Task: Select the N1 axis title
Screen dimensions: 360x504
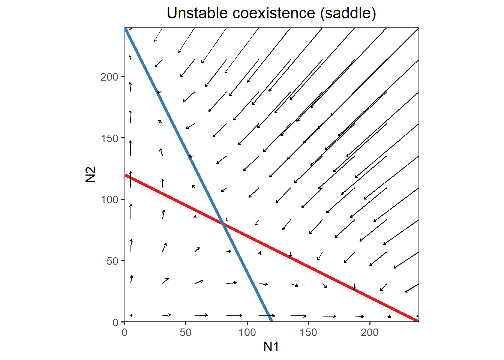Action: [271, 346]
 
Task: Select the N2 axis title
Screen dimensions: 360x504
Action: [91, 175]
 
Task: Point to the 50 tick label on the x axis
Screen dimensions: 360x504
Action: [186, 332]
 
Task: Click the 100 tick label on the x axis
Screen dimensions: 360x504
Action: [247, 332]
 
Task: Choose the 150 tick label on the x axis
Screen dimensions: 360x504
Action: [308, 332]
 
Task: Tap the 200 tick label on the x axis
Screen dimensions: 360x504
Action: [370, 332]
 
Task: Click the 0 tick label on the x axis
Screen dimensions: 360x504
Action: [124, 332]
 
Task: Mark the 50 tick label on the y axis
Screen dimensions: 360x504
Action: [112, 261]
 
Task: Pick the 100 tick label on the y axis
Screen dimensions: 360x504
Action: [109, 199]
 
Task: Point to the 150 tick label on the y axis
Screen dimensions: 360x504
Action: [109, 138]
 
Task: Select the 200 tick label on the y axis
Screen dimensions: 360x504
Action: [109, 77]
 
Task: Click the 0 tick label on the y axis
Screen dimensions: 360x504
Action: [115, 322]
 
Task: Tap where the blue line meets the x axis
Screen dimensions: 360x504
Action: [271, 321]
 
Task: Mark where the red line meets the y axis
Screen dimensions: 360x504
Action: [125, 175]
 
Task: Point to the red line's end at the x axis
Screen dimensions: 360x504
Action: [418, 321]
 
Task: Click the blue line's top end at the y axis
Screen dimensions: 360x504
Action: [126, 29]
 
